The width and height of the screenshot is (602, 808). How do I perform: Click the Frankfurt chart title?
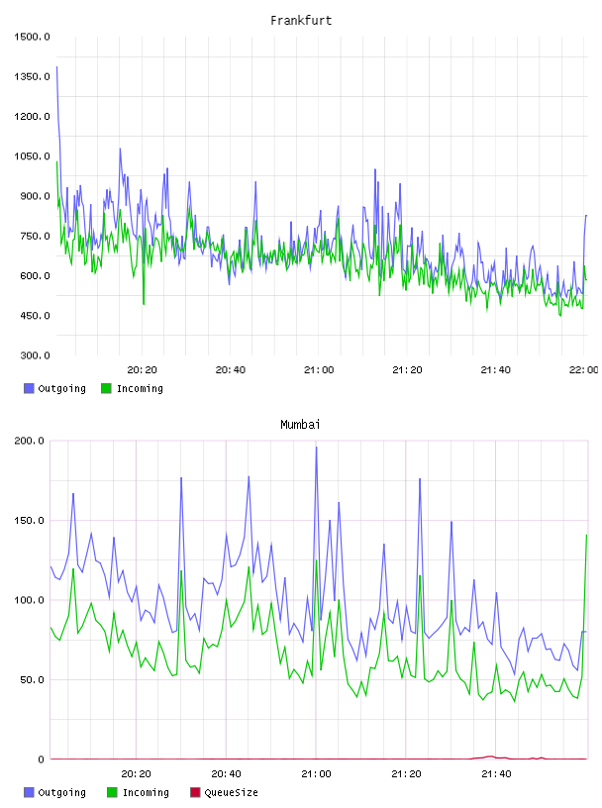(301, 21)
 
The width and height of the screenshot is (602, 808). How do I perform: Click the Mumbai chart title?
(300, 425)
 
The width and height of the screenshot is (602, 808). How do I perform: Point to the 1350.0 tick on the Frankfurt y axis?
(32, 77)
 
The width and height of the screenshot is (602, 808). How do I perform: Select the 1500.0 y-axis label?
(32, 37)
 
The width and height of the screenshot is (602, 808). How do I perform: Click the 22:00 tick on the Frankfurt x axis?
(584, 370)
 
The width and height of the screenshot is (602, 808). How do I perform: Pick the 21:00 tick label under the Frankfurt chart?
(319, 370)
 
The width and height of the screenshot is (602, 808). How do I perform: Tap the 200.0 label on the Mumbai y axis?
(30, 441)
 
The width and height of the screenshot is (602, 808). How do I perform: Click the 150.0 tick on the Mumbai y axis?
(30, 521)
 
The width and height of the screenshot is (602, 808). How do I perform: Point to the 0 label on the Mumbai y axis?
(42, 759)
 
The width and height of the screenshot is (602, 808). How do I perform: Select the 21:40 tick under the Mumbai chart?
(496, 774)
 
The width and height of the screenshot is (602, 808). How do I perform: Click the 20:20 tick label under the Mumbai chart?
(136, 774)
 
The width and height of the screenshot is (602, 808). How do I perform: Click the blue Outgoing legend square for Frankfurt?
(29, 388)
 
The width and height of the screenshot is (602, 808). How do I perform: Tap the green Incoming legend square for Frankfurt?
(106, 388)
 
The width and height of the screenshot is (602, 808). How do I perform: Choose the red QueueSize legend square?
(195, 792)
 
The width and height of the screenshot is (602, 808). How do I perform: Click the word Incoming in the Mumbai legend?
(146, 792)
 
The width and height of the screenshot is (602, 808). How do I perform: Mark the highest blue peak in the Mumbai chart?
(317, 448)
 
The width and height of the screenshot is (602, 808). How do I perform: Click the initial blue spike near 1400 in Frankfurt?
(56, 67)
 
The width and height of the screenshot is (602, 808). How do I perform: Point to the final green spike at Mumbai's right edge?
(586, 536)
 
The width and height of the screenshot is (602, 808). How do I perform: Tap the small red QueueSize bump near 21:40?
(490, 757)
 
